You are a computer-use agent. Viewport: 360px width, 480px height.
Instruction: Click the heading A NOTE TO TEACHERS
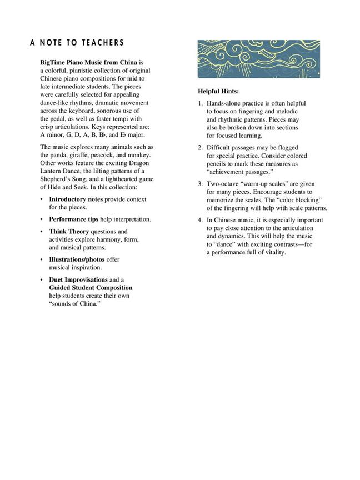pyautogui.click(x=77, y=43)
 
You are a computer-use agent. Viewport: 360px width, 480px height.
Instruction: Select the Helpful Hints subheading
pyautogui.click(x=218, y=91)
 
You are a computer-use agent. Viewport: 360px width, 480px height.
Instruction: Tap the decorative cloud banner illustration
pyautogui.click(x=258, y=58)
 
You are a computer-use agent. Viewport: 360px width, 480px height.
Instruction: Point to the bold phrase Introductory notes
pyautogui.click(x=76, y=199)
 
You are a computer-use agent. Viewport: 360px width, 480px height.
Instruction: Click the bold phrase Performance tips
pyautogui.click(x=74, y=219)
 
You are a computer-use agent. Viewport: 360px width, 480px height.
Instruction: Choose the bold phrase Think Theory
pyautogui.click(x=69, y=231)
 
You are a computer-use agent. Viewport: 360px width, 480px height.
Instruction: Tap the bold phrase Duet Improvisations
pyautogui.click(x=78, y=279)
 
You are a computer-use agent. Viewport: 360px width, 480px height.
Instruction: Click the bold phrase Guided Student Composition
pyautogui.click(x=91, y=288)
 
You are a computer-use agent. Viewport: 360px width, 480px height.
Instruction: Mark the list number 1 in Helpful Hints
pyautogui.click(x=201, y=103)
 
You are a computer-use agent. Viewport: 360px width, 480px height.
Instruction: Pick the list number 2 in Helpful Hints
pyautogui.click(x=201, y=148)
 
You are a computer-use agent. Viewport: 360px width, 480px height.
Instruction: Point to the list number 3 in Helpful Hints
pyautogui.click(x=201, y=183)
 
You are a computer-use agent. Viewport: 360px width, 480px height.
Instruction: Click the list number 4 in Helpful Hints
pyautogui.click(x=201, y=220)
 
